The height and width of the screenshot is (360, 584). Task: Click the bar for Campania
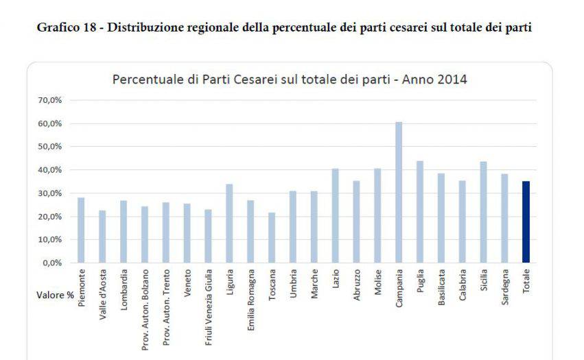399,192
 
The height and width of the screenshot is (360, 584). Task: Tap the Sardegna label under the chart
505,289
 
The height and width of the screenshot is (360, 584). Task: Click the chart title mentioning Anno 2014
289,80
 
